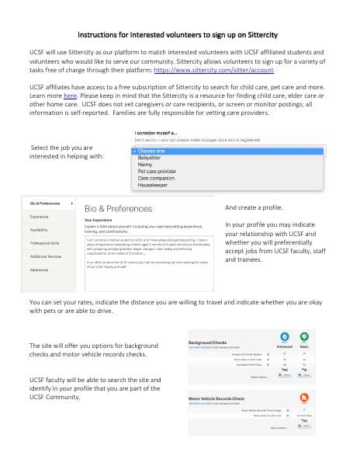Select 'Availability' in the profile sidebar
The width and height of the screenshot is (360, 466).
(x=40, y=230)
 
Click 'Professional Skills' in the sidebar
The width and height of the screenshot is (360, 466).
(x=46, y=243)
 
